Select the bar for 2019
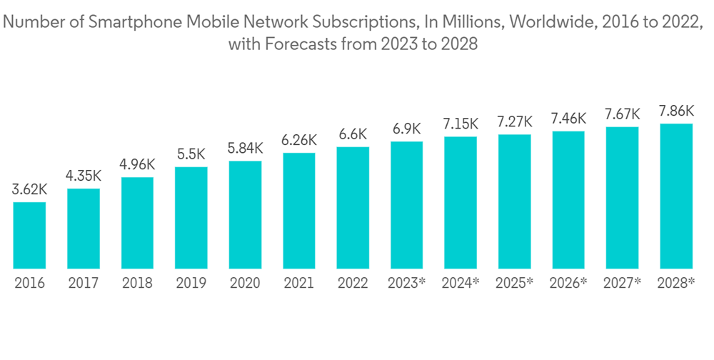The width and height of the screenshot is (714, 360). coord(191,218)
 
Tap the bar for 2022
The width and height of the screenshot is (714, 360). coord(353,208)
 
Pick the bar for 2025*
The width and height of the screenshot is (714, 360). coord(514,201)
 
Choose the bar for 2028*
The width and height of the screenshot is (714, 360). coord(675,196)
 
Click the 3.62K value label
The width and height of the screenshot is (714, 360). coord(29,191)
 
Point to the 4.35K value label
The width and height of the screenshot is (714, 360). coord(83,176)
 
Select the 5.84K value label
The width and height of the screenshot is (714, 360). coord(245,149)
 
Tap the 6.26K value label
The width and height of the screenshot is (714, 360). coord(298,141)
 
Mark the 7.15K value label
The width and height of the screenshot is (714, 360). coord(461,124)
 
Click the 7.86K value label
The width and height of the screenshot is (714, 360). coord(675,111)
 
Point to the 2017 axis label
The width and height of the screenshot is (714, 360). coord(83,284)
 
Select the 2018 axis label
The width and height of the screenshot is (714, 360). coord(137,284)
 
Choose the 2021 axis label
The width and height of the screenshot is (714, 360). coord(298,284)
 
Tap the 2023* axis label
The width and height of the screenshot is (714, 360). coord(406,284)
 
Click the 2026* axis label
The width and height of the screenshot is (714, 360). coord(568,284)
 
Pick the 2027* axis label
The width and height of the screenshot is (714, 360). coord(622,284)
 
